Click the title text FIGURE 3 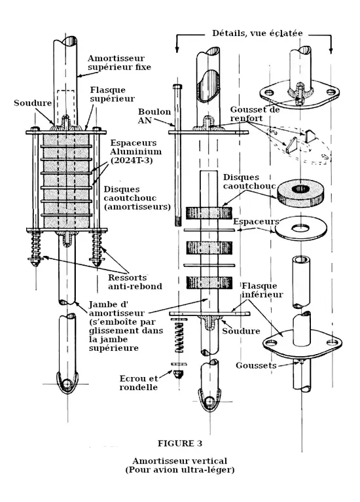tap(180, 443)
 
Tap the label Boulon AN tap(154, 116)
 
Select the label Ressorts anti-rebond tap(135, 281)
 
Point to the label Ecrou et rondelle tap(139, 383)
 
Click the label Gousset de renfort tap(255, 114)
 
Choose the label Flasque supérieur tap(112, 94)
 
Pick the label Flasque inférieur tap(262, 290)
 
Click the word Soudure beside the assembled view tap(33, 103)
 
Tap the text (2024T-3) tap(132, 160)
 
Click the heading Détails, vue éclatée tap(257, 33)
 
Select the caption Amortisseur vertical tap(180, 461)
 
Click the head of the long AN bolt tap(177, 87)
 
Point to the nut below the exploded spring tap(178, 374)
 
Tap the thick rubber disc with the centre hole tap(300, 192)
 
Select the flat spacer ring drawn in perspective tap(301, 228)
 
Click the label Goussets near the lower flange tap(256, 366)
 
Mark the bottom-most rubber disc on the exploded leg tap(209, 282)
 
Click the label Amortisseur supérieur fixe tap(119, 62)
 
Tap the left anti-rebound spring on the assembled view tap(35, 249)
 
